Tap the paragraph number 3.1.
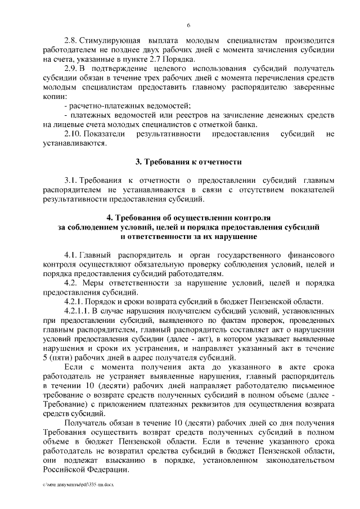coord(70,180)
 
